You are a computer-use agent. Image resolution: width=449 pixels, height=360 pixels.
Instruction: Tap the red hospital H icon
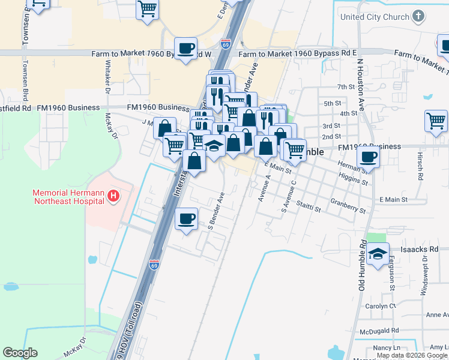click(113, 195)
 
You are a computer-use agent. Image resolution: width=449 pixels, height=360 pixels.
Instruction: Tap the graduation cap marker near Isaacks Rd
click(378, 254)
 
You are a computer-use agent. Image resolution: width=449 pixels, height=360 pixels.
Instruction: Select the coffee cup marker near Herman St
click(368, 157)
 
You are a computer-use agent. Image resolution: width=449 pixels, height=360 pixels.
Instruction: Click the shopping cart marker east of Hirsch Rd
click(436, 120)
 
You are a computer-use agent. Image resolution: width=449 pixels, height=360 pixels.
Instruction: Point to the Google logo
click(20, 353)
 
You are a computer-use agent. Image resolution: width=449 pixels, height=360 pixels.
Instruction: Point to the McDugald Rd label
click(380, 331)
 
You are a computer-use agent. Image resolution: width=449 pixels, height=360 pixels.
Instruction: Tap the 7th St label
click(346, 88)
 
